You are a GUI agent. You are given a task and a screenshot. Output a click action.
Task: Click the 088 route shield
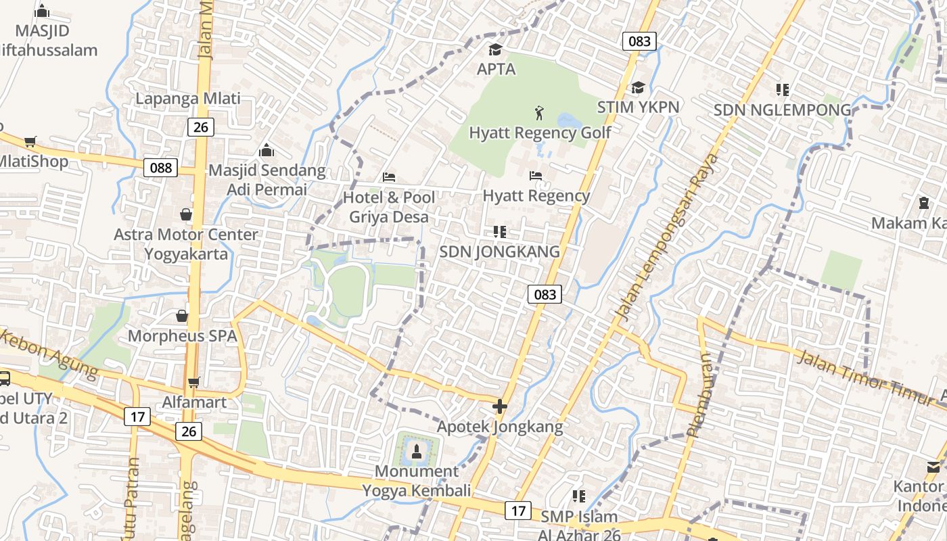click(x=160, y=168)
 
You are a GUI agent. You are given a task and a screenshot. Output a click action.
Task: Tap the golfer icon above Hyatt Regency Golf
click(x=539, y=112)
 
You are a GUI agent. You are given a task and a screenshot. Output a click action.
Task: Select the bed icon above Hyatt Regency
click(x=536, y=176)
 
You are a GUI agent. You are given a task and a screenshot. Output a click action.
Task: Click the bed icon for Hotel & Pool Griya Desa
click(x=389, y=177)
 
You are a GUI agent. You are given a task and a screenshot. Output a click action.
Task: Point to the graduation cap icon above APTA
click(x=496, y=50)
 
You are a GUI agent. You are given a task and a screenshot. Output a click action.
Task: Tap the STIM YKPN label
click(x=638, y=107)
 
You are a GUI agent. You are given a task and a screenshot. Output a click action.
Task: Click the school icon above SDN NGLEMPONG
click(x=783, y=89)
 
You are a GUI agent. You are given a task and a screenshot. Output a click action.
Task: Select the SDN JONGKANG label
click(x=500, y=252)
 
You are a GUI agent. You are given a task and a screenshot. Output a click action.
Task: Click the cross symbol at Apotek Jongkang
click(x=500, y=406)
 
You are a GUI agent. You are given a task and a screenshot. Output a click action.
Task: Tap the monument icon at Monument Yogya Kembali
click(x=416, y=450)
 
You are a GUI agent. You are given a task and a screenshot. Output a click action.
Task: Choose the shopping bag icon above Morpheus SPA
click(x=182, y=316)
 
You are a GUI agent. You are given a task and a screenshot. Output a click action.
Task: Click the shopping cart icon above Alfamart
click(x=193, y=383)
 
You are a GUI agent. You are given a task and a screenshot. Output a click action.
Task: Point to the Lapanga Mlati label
click(x=188, y=99)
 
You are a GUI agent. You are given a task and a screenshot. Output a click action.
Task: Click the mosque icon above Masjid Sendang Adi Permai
click(x=267, y=149)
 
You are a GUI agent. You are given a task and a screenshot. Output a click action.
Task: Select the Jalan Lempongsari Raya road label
click(x=666, y=237)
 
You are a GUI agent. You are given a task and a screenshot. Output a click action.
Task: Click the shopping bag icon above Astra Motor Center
click(x=186, y=214)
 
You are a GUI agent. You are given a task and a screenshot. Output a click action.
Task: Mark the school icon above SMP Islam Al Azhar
click(x=578, y=496)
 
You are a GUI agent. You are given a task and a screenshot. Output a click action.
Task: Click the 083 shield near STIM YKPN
click(x=639, y=41)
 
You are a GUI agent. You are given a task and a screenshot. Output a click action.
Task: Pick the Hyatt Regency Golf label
click(x=540, y=133)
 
